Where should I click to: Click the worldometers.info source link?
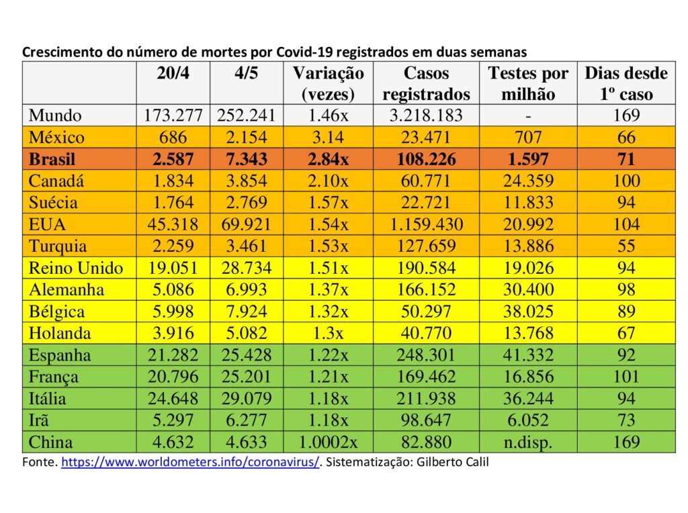tap(190, 462)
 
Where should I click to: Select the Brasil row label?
tap(52, 159)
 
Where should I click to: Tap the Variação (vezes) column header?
tap(328, 83)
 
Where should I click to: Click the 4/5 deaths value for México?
tap(246, 137)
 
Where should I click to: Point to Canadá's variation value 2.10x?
tap(328, 181)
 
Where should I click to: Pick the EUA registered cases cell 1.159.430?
tap(426, 224)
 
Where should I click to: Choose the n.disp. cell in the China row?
tap(528, 442)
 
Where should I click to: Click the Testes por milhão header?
tap(528, 83)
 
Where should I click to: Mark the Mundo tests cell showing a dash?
tap(528, 116)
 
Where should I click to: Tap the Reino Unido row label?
tap(76, 268)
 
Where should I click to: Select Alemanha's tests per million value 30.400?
tap(528, 290)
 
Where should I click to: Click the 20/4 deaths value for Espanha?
tap(173, 355)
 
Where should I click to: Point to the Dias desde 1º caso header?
tap(626, 83)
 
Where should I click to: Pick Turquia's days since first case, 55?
tap(626, 246)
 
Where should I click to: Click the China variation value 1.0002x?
tap(328, 442)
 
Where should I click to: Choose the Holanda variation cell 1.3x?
tap(328, 333)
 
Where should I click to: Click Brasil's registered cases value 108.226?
tap(426, 159)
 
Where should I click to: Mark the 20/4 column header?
tap(173, 73)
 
